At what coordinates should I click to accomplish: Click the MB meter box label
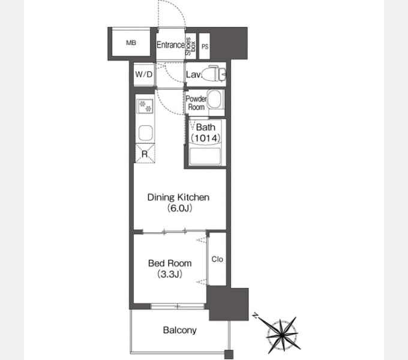pos(131,43)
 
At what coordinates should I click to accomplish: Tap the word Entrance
pos(170,45)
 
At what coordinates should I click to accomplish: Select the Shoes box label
pos(190,46)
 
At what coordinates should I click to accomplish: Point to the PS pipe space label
pos(205,47)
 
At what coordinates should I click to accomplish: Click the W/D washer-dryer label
pos(143,74)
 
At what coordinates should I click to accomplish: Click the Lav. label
pos(194,74)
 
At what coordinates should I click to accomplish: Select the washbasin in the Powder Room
pos(215,100)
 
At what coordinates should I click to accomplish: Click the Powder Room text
pos(196,103)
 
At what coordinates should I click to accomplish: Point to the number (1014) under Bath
pos(206,138)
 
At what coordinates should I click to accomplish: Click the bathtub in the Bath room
pos(205,156)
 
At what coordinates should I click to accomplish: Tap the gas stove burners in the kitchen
pos(145,106)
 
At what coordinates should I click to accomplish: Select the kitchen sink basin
pos(145,133)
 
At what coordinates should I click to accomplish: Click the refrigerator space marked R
pos(145,154)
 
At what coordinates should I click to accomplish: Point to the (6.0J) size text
pos(179,208)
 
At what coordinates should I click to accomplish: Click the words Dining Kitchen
pos(178,197)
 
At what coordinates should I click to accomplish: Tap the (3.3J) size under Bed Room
pos(170,274)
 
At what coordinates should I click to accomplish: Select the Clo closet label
pos(217,259)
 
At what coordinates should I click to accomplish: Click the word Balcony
pos(179,331)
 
